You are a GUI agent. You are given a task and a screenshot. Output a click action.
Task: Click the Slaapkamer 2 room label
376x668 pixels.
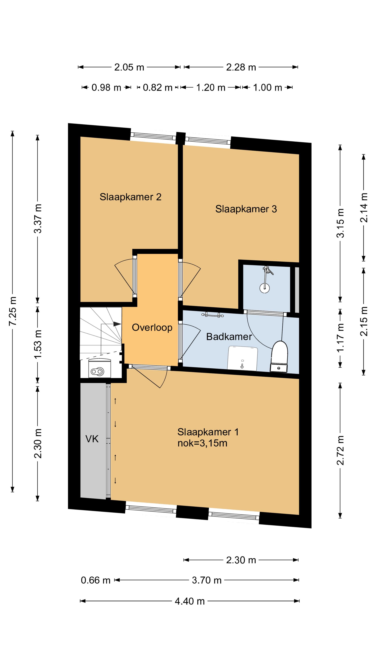click(131, 197)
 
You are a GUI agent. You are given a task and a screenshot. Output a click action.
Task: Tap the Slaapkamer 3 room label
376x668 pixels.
click(246, 209)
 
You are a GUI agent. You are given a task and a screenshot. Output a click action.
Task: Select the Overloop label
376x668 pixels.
click(152, 328)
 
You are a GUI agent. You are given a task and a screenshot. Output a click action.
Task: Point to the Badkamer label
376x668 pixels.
click(229, 337)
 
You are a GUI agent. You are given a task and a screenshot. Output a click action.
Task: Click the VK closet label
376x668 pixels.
click(92, 439)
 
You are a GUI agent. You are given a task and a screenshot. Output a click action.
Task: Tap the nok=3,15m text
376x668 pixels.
click(202, 443)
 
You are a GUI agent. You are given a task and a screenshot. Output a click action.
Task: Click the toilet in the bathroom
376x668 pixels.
click(279, 357)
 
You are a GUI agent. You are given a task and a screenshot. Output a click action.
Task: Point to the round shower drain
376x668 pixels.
click(265, 288)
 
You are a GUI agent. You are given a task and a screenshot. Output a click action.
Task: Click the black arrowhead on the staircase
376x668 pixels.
click(117, 324)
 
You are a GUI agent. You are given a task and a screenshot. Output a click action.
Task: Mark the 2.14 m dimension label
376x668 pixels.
click(364, 208)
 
